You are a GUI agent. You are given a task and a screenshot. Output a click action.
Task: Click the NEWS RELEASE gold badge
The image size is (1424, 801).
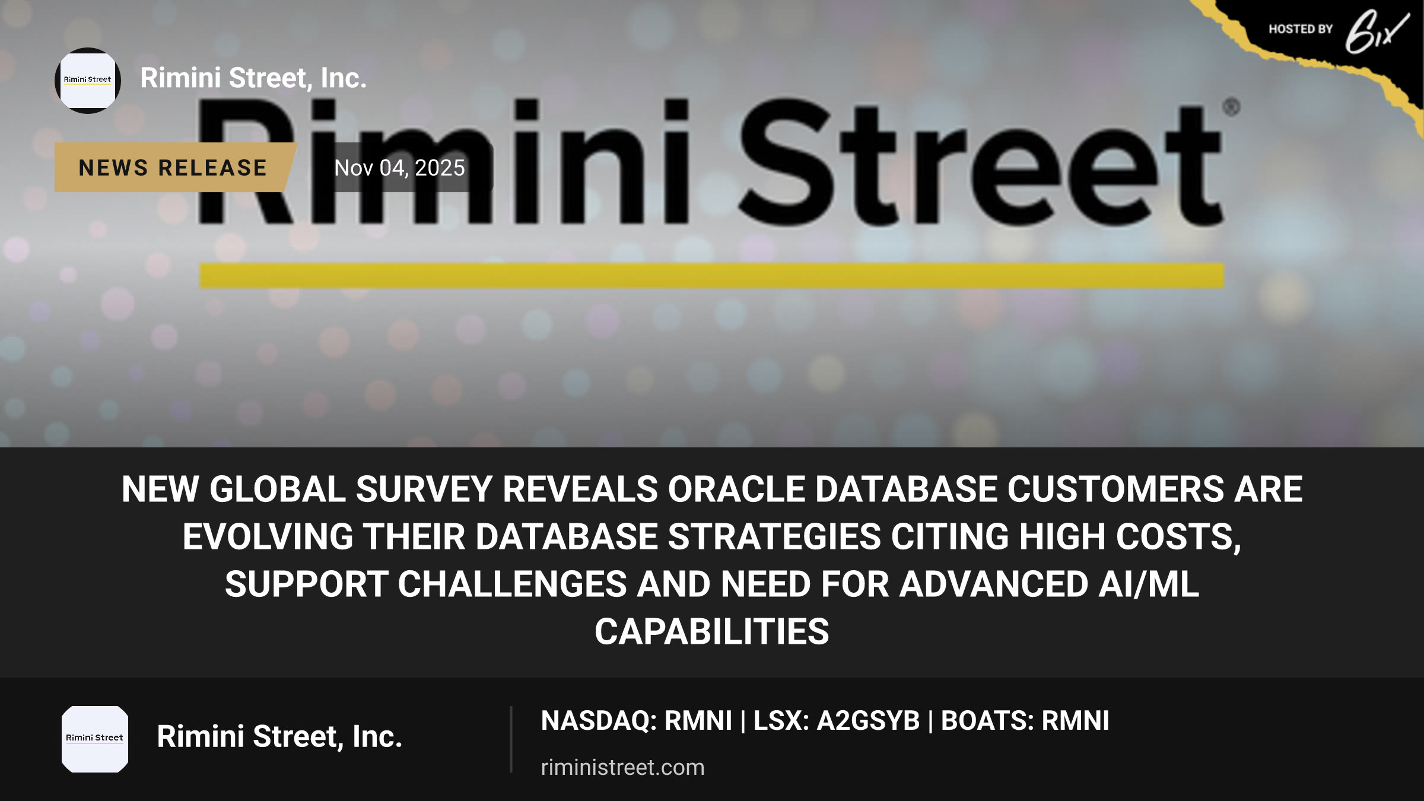(x=173, y=167)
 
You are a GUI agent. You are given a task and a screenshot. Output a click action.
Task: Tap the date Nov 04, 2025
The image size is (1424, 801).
(x=399, y=168)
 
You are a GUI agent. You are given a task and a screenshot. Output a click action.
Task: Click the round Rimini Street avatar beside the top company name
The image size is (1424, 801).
(x=88, y=81)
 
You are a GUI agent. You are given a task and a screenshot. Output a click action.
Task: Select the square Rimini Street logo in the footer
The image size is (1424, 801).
(x=95, y=739)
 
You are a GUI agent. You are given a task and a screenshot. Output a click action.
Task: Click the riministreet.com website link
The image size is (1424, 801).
(x=622, y=767)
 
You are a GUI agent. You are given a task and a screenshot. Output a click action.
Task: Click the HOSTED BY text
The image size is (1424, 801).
(x=1301, y=29)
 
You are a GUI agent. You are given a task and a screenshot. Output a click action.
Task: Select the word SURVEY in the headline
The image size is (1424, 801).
(x=424, y=490)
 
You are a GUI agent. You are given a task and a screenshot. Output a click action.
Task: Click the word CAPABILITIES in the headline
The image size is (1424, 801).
(x=712, y=632)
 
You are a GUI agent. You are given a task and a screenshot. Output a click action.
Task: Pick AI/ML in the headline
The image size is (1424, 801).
(x=1149, y=584)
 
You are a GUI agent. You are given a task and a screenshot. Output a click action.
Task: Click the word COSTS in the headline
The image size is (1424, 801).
(x=1178, y=537)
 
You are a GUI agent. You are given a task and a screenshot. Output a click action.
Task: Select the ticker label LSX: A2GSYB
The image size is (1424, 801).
(x=837, y=721)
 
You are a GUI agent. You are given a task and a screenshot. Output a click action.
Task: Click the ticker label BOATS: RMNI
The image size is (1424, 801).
(x=1025, y=721)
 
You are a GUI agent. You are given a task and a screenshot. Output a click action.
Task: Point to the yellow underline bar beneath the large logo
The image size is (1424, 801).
(x=711, y=276)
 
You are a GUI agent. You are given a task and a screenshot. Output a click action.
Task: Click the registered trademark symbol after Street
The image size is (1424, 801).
(x=1232, y=107)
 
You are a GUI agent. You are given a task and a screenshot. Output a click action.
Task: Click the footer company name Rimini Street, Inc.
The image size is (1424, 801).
(x=279, y=737)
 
